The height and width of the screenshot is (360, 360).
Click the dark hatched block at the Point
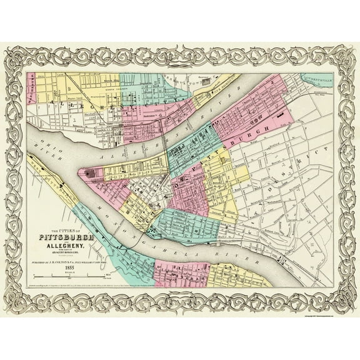[x=87, y=174]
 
